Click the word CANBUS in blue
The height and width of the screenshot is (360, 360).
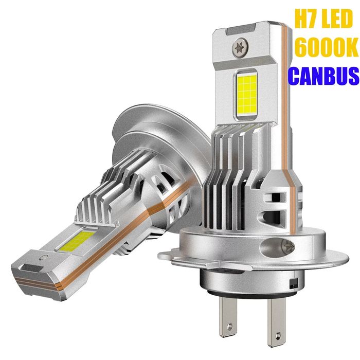(x=323, y=76)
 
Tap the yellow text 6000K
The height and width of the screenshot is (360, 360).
(x=326, y=47)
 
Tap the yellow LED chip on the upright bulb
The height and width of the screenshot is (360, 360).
(x=247, y=95)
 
